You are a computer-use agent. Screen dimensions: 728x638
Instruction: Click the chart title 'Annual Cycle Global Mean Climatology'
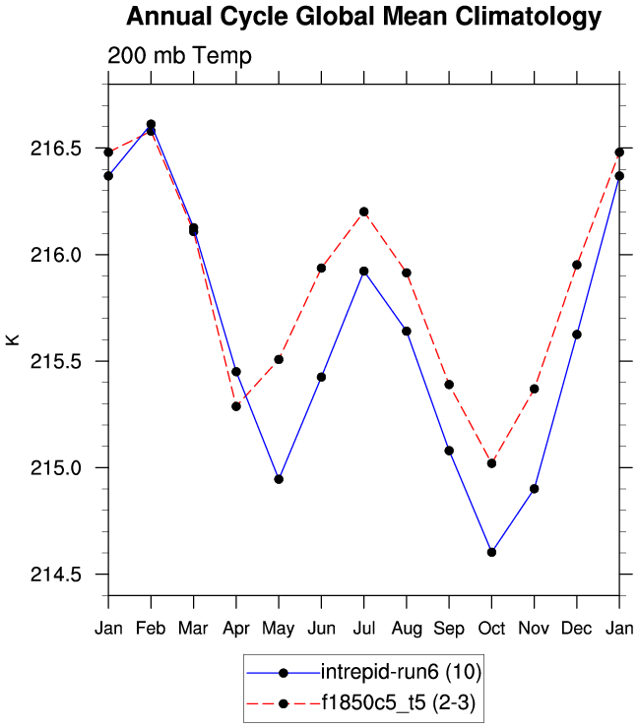[x=363, y=17]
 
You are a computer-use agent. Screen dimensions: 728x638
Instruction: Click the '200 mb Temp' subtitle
[x=179, y=56]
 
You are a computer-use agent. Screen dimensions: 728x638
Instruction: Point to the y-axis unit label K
[x=13, y=339]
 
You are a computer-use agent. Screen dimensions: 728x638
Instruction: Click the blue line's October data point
[x=491, y=552]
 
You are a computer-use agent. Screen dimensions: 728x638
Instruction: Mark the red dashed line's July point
[x=364, y=212]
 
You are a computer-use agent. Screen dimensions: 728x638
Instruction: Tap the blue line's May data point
[x=279, y=479]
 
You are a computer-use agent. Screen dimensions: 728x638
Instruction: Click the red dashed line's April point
[x=236, y=406]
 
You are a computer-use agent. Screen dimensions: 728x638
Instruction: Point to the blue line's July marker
[x=364, y=271]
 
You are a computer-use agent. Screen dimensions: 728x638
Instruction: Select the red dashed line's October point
[x=491, y=463]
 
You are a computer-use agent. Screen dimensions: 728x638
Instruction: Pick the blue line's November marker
[x=535, y=488]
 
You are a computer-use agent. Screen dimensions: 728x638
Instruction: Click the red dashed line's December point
[x=577, y=265]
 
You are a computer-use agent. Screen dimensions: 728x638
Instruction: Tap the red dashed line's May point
[x=279, y=359]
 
